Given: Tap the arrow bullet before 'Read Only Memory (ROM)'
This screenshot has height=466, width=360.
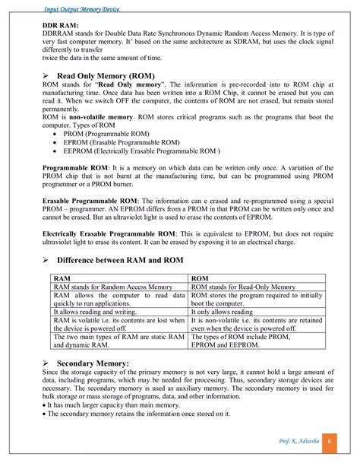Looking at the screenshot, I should point(46,78).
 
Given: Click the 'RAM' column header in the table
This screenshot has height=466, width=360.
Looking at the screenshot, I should point(62,278).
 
